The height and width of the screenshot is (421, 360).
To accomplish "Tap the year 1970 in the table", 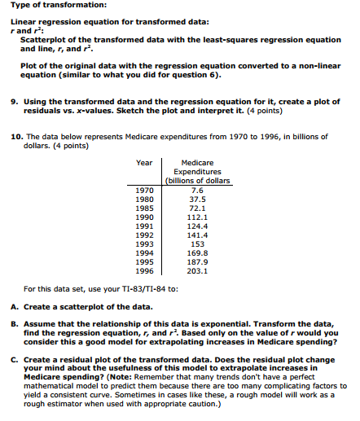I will coord(143,190).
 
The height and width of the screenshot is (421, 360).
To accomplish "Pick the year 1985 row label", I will coord(143,208).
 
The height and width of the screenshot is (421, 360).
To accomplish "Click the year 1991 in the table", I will coord(143,226).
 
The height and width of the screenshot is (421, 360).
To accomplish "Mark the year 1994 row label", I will coord(143,252).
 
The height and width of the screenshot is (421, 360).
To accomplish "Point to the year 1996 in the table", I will coord(143,270).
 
